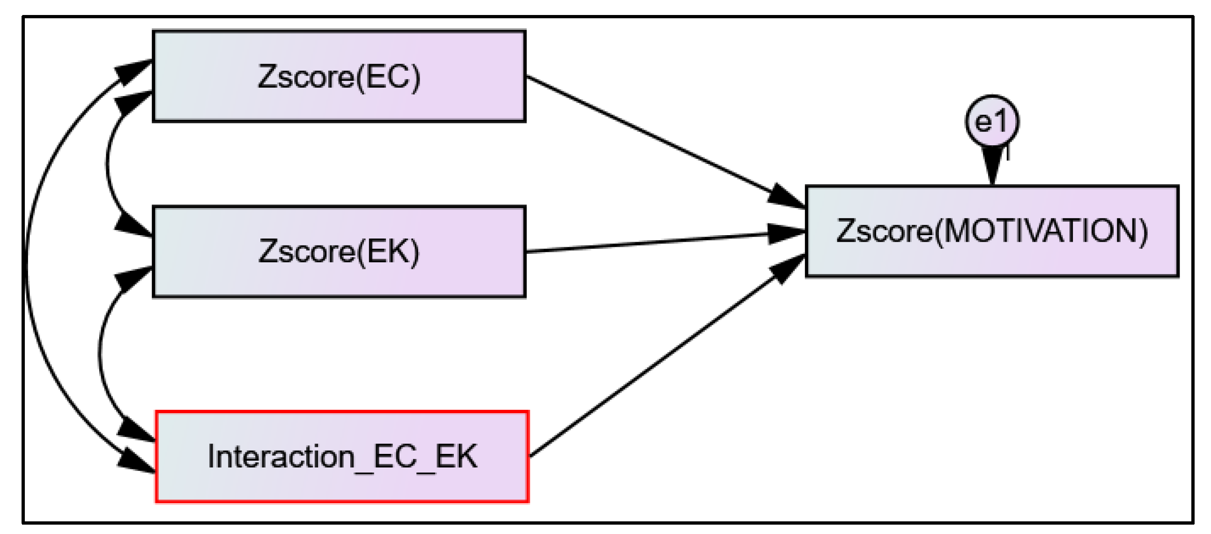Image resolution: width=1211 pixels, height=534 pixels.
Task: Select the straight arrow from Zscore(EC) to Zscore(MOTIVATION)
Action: (x=658, y=141)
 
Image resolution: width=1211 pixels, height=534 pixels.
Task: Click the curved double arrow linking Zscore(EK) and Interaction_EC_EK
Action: (x=100, y=355)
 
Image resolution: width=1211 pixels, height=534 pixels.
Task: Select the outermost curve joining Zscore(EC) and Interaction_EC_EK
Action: (x=27, y=268)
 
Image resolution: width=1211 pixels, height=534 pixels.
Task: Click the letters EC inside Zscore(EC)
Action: (x=386, y=76)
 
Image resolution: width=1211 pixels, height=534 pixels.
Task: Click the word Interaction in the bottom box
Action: (x=281, y=456)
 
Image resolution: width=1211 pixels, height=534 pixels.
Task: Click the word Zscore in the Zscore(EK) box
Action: (x=306, y=251)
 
